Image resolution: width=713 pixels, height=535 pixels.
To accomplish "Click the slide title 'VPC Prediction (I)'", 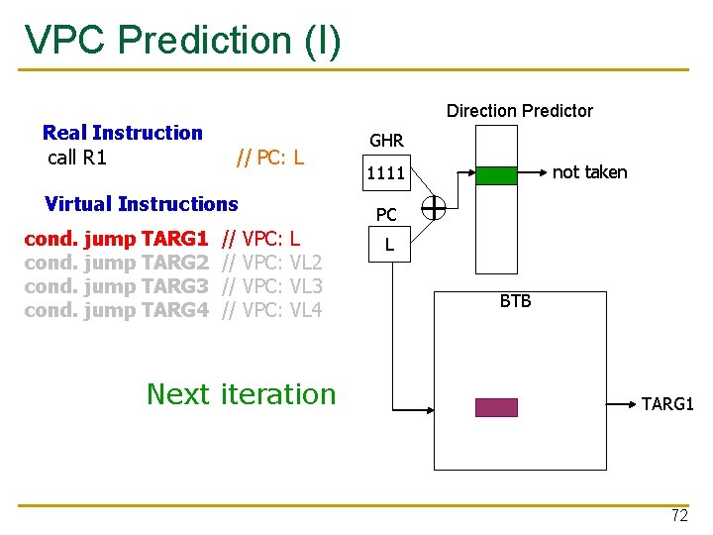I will [182, 40].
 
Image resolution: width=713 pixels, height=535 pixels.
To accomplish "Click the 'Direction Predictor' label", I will [519, 111].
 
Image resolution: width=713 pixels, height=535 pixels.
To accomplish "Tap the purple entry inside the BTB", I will [496, 407].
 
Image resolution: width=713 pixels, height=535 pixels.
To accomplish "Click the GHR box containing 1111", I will [386, 174].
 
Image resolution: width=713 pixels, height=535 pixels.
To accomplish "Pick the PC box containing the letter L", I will [389, 243].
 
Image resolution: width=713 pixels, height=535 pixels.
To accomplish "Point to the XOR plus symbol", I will [433, 208].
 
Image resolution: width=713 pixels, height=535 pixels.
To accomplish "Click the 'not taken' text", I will [589, 172].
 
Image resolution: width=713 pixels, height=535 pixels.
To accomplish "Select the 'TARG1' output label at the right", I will [667, 404].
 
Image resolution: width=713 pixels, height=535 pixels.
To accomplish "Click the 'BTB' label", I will [515, 301].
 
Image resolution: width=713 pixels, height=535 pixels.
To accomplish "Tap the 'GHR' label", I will [386, 142].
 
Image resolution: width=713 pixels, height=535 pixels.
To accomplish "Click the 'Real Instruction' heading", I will [123, 133].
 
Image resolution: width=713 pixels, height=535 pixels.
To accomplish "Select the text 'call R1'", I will [77, 158].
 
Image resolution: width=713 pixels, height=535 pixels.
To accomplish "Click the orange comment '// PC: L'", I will [269, 158].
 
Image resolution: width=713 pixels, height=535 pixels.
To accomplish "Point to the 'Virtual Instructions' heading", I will [142, 204].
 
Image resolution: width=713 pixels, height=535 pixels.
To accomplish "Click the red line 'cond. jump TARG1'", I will [116, 239].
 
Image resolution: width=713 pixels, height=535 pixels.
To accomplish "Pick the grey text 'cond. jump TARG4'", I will [116, 310].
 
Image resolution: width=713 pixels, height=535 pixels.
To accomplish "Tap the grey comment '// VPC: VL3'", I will [272, 286].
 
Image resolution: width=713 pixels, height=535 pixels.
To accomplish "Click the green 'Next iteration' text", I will [242, 394].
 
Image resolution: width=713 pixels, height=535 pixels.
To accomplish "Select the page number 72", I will [679, 515].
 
